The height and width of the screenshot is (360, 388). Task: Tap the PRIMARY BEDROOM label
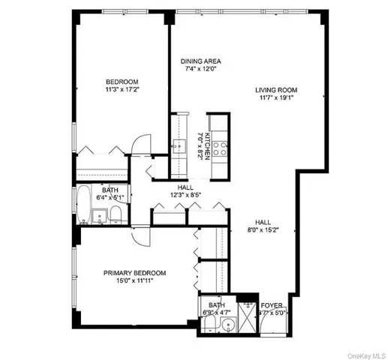pyautogui.click(x=134, y=273)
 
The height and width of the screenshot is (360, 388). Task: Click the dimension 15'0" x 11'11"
pyautogui.click(x=134, y=281)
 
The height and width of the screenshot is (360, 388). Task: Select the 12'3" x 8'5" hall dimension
pyautogui.click(x=187, y=195)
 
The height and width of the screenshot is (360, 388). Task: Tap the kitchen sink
pyautogui.click(x=180, y=145)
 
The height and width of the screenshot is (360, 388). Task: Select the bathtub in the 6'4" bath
pyautogui.click(x=83, y=204)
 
